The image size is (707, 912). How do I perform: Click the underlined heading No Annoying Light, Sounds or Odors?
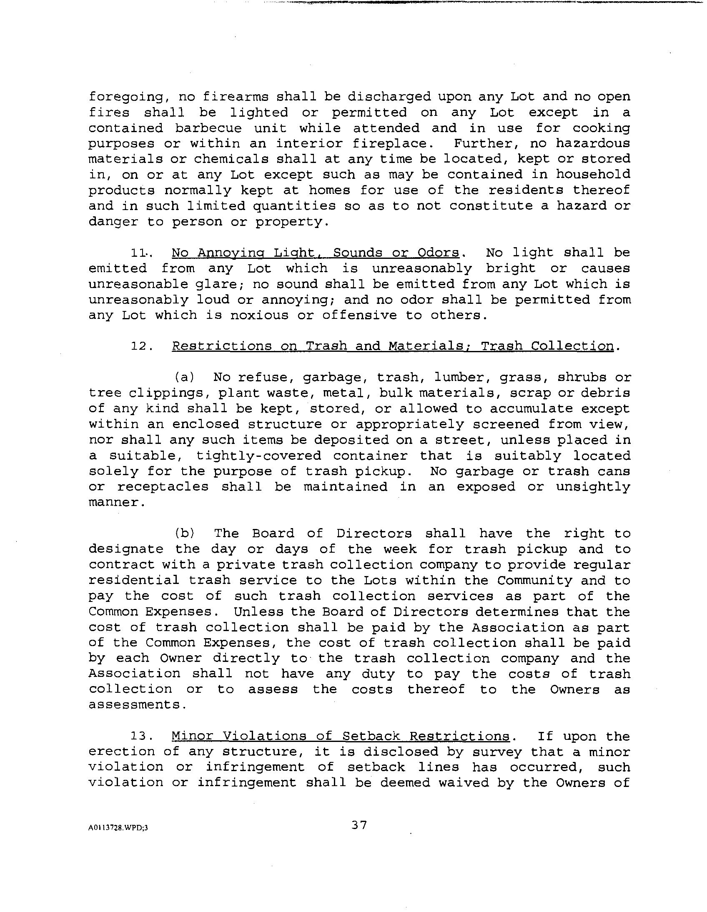pyautogui.click(x=315, y=253)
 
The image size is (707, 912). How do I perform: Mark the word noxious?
pyautogui.click(x=259, y=315)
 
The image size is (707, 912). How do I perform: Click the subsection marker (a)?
pyautogui.click(x=184, y=378)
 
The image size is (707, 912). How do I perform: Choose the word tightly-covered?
pyautogui.click(x=259, y=456)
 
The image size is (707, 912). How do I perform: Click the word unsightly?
pyautogui.click(x=593, y=487)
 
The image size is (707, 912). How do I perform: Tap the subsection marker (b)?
pyautogui.click(x=184, y=534)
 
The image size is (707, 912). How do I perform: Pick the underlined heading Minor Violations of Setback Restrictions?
pyautogui.click(x=340, y=737)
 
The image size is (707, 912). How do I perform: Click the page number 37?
pyautogui.click(x=359, y=826)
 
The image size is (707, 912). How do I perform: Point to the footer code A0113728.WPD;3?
pyautogui.click(x=118, y=828)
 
